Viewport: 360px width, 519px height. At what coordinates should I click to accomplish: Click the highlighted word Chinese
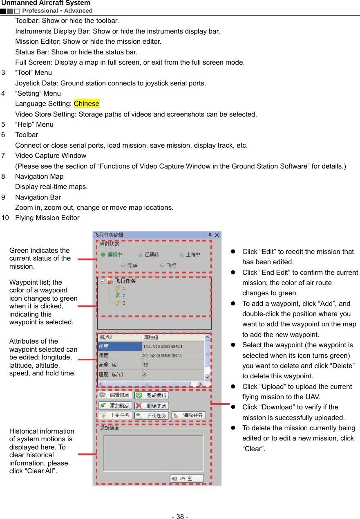pos(86,103)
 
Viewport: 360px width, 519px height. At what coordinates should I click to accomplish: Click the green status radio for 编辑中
pos(103,254)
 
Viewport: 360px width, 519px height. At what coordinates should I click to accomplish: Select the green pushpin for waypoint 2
pos(117,295)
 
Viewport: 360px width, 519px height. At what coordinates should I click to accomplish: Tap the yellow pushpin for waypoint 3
pos(117,303)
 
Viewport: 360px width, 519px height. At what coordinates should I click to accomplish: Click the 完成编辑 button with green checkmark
pos(152,395)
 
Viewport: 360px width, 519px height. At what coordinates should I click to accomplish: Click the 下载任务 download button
pos(152,416)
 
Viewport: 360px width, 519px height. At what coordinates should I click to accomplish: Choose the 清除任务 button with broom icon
pos(188,416)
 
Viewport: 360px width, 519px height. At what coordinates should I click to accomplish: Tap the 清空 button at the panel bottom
pos(187,479)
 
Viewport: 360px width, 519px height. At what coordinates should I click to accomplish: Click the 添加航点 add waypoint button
pos(115,406)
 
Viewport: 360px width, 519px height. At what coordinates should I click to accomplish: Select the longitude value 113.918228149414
pos(163,346)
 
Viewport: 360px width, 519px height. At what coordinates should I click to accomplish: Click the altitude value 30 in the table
pos(146,365)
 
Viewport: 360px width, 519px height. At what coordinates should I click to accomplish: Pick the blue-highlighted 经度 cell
pos(120,346)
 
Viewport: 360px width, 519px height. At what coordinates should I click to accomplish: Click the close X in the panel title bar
pos(217,235)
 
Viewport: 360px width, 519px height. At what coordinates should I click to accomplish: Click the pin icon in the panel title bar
pos(210,235)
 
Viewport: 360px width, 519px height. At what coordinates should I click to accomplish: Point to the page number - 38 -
pos(180,517)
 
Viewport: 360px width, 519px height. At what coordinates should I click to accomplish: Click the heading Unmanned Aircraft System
pos(46,3)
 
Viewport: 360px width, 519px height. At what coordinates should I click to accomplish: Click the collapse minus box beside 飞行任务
pos(102,281)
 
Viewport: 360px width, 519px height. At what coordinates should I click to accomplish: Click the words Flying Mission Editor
pos(47,218)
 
